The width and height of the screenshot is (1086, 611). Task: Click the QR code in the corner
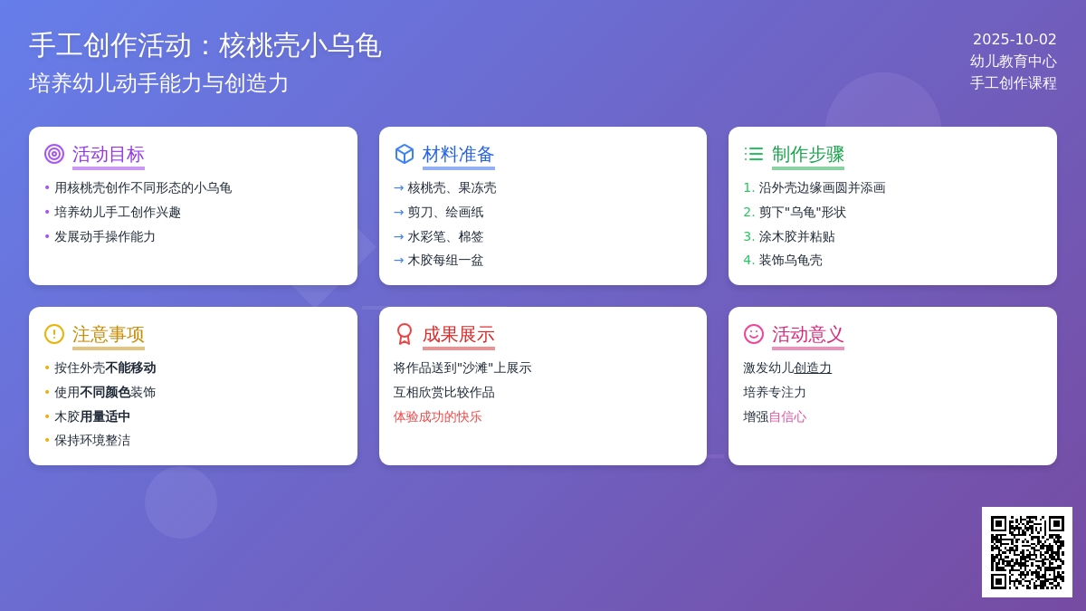pos(1027,552)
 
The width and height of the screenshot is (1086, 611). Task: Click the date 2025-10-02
pos(1015,39)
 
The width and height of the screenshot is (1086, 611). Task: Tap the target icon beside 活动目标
pos(54,154)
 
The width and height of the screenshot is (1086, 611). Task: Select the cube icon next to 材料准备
pos(405,154)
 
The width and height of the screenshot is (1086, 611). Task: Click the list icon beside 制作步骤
pos(754,154)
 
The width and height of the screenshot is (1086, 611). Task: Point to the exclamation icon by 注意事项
pos(54,334)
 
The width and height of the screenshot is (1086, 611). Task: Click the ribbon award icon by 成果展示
pos(405,334)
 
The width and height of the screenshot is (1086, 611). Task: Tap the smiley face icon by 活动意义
pos(754,334)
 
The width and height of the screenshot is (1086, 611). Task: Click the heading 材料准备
pos(458,154)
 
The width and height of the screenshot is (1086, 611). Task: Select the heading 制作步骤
pos(807,154)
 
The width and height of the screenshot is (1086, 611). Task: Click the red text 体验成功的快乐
pos(437,416)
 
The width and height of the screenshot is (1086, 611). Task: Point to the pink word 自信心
pos(787,416)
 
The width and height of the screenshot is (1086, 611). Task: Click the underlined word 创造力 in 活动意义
pos(813,368)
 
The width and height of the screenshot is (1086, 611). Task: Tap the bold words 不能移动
pos(130,368)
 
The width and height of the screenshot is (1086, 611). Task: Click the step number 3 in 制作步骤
pos(748,236)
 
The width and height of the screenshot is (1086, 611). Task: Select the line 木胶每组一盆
pos(445,261)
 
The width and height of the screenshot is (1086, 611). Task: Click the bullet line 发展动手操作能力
pos(105,236)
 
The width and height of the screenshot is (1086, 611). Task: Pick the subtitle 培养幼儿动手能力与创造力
pos(158,83)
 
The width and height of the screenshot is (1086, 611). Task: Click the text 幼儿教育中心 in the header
pos(1014,62)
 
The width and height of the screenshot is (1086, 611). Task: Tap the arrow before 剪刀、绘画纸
pos(398,213)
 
